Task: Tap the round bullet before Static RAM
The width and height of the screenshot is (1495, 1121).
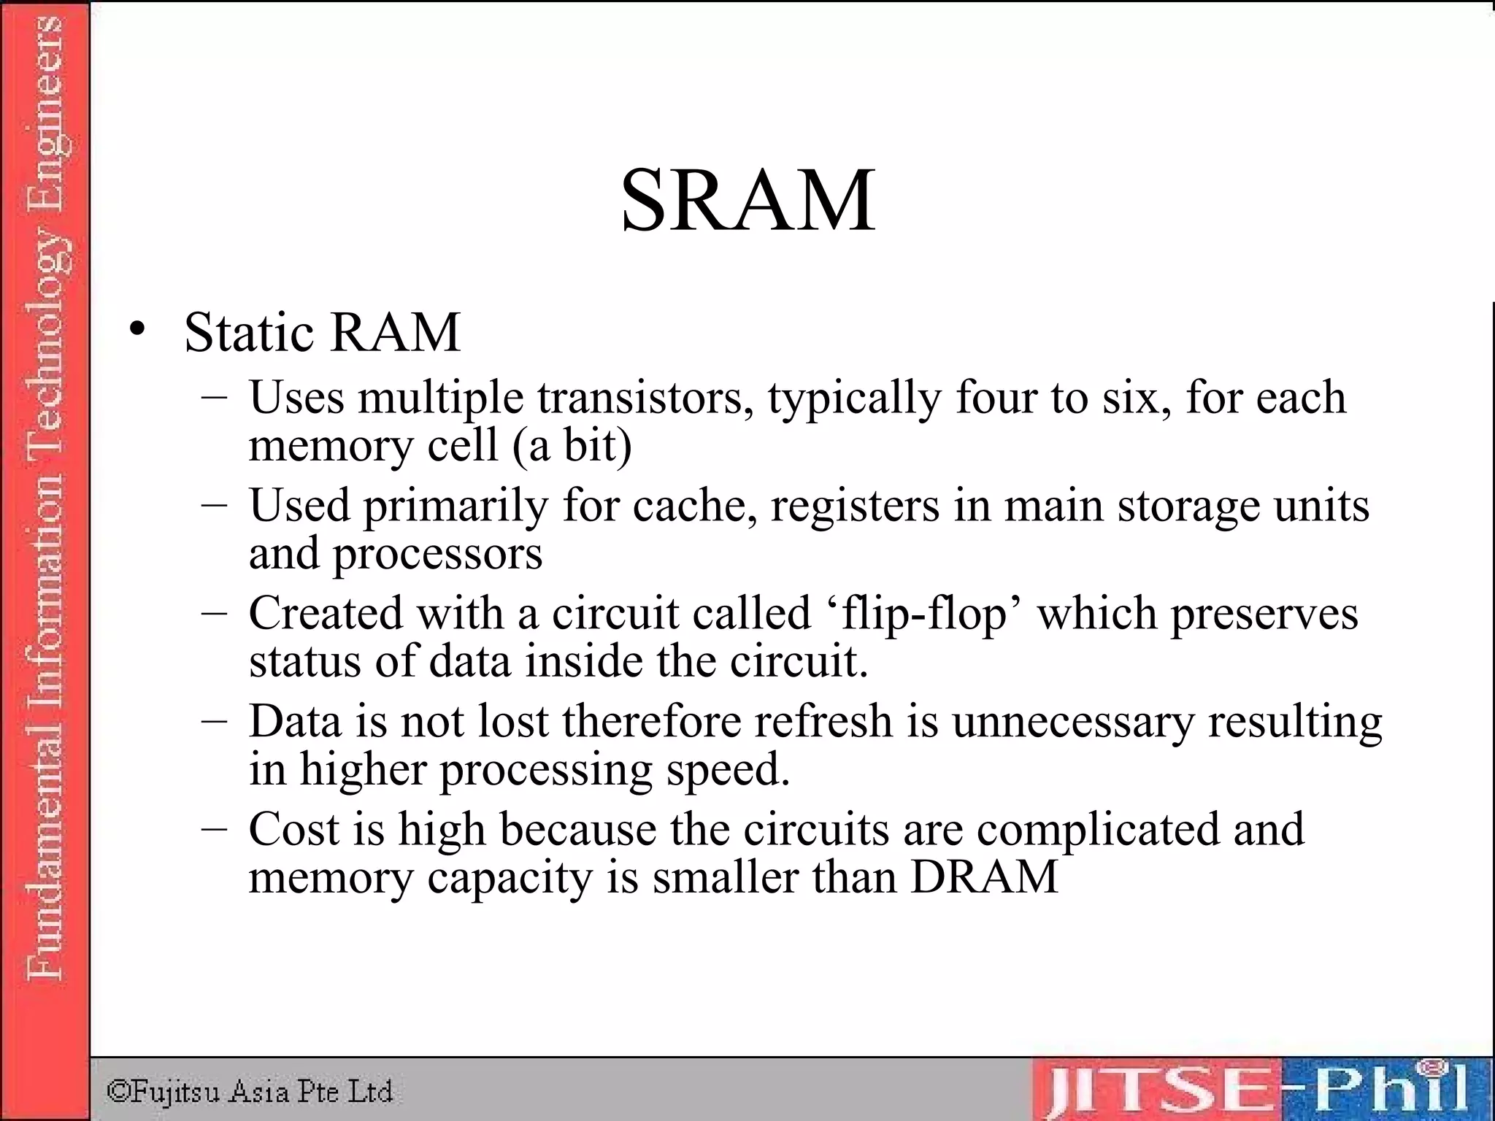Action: coord(137,331)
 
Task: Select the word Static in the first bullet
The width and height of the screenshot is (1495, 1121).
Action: coord(250,333)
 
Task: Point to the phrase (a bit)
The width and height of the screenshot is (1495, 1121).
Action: coord(572,445)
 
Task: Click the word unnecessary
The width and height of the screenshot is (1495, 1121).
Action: coord(1073,722)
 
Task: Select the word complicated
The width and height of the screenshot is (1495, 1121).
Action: coord(1098,831)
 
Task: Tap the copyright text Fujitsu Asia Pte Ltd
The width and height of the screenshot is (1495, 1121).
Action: coord(250,1092)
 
